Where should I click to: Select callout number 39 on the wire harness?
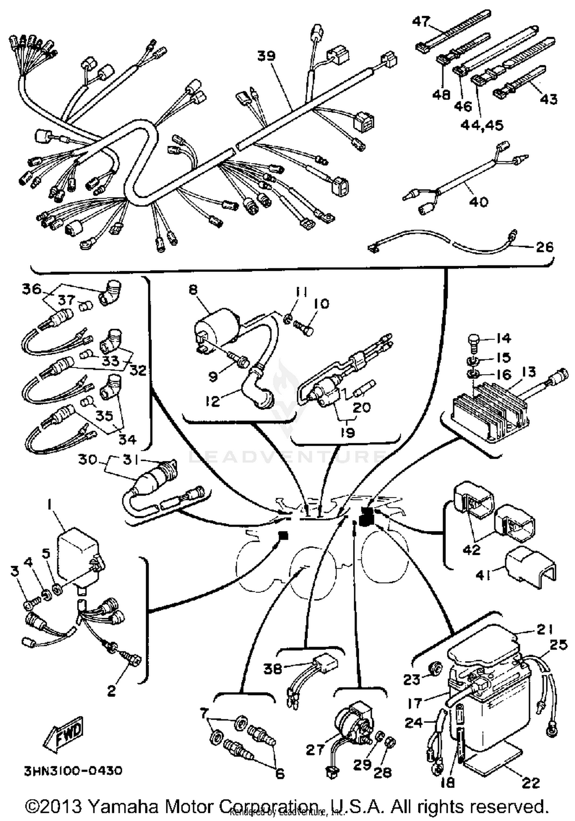pyautogui.click(x=266, y=56)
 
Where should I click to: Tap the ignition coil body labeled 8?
pyautogui.click(x=215, y=326)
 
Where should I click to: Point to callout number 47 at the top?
pyautogui.click(x=421, y=21)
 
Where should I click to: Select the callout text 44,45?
pyautogui.click(x=482, y=125)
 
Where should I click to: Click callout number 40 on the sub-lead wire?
pyautogui.click(x=478, y=202)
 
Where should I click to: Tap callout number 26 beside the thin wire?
pyautogui.click(x=544, y=247)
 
